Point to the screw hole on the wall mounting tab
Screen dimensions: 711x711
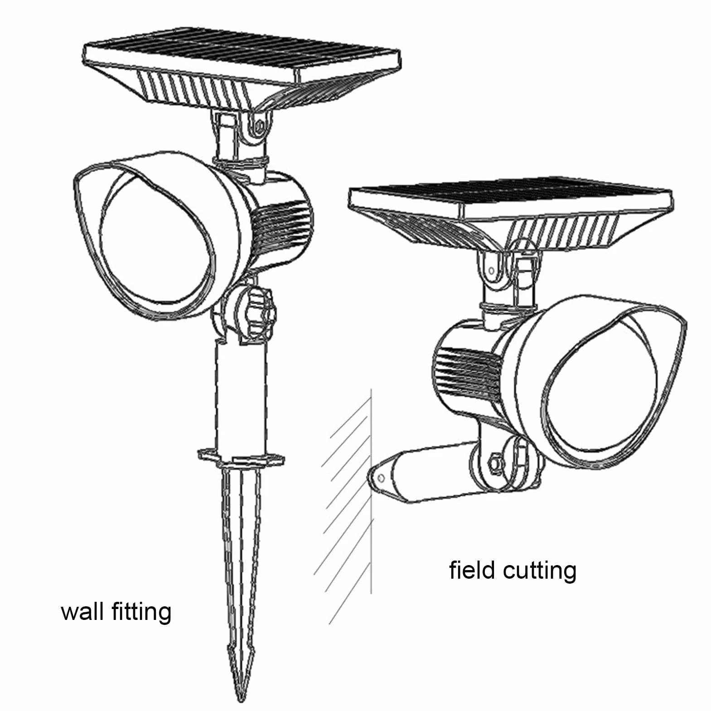(381, 478)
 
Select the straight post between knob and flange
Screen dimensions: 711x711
(241, 397)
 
